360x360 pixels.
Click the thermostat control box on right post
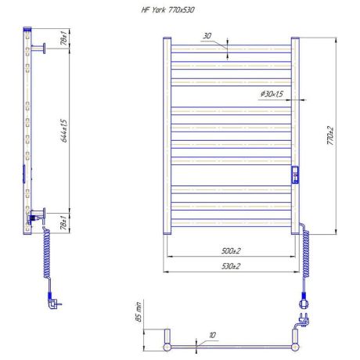(x=295, y=175)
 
